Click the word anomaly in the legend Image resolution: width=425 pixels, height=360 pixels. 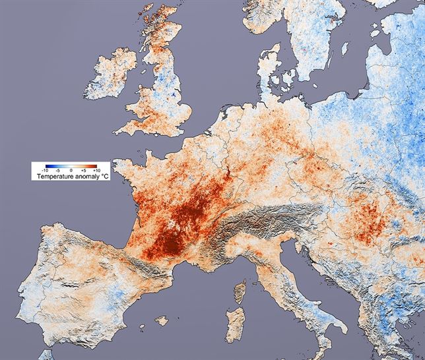click(x=84, y=177)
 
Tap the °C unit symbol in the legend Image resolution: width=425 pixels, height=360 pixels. click(x=104, y=177)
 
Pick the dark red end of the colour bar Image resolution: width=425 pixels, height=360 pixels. click(x=95, y=165)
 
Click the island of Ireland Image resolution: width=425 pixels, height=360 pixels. click(x=118, y=76)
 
